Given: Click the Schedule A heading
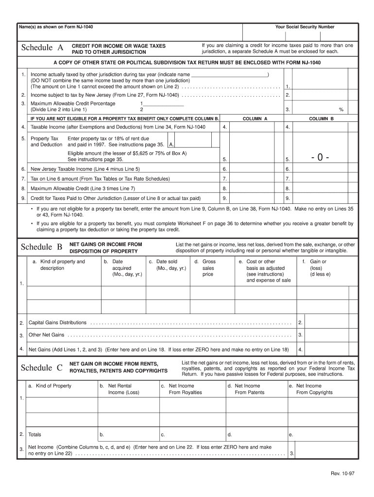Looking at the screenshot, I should [x=42, y=48].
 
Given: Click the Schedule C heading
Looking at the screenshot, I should [x=42, y=368].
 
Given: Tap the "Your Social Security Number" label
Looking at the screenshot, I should [x=305, y=27].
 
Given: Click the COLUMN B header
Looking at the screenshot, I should [x=322, y=118].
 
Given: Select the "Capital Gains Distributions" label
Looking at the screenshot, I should [x=58, y=322].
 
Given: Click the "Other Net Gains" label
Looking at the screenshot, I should [x=47, y=335].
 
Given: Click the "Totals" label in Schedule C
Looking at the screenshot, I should [x=35, y=434].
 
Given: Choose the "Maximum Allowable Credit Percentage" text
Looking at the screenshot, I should [x=73, y=103].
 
